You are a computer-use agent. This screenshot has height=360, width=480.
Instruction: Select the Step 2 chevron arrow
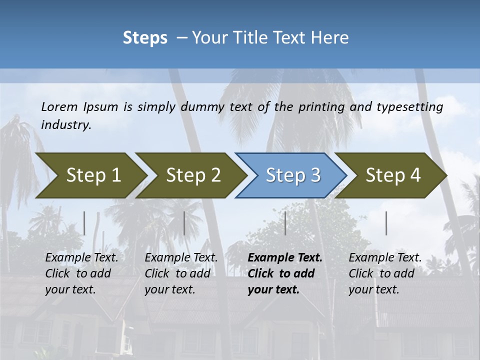tap(193, 175)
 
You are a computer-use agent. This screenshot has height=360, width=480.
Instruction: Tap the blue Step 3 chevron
tap(292, 175)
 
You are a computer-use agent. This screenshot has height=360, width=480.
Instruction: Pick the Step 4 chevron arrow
tap(392, 175)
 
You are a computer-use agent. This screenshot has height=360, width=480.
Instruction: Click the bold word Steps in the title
tap(145, 38)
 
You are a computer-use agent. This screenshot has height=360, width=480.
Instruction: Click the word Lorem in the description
tap(59, 107)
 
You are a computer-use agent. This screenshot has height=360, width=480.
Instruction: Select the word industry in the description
tap(66, 125)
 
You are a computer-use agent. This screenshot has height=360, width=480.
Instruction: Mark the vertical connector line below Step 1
tap(84, 223)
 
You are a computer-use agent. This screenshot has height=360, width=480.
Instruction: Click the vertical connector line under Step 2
tap(184, 223)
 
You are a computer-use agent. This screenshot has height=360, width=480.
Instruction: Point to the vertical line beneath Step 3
tap(285, 223)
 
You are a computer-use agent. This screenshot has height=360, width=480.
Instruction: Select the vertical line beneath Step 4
tap(386, 223)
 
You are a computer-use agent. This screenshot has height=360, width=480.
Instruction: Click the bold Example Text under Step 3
tap(285, 258)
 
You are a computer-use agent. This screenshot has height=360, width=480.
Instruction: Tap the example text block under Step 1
tap(81, 273)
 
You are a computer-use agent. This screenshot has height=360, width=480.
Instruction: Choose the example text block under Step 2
tap(181, 273)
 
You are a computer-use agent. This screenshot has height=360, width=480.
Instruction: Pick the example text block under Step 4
tap(385, 273)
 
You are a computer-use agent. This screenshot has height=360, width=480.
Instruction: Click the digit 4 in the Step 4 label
tap(414, 175)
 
